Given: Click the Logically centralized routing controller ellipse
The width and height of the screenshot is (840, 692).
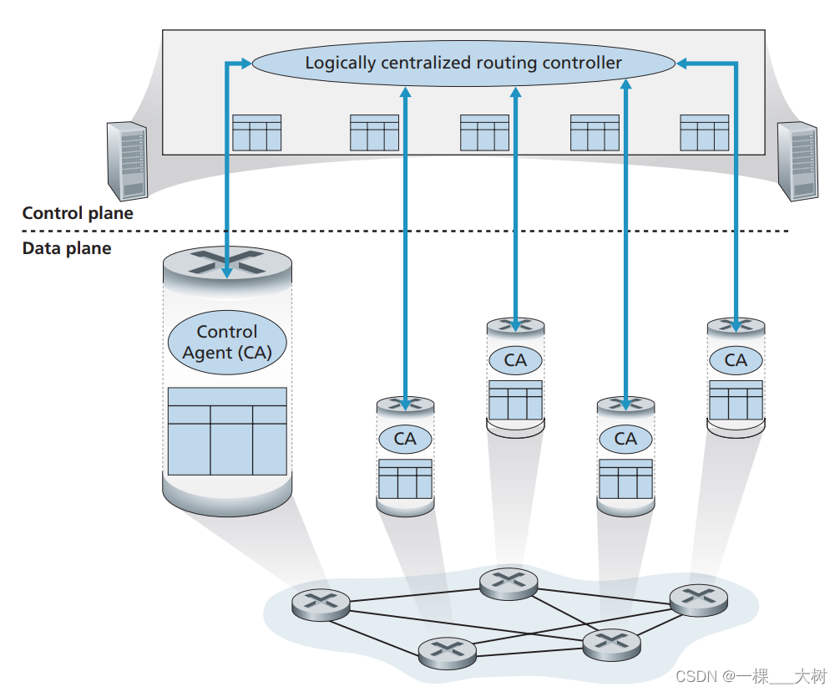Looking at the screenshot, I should point(463,63).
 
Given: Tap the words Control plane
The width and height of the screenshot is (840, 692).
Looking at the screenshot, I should point(78,213).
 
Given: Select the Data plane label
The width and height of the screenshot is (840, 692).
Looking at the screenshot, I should point(67,248).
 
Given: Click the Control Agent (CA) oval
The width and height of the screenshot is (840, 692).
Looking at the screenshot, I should point(227,343).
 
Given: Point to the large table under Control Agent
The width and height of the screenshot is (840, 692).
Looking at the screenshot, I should point(227,431).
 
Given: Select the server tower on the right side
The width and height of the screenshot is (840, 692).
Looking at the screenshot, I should point(797,160).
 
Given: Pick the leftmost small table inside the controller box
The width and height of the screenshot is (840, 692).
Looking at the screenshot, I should point(256,133).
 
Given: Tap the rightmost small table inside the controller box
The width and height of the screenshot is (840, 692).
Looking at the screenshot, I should point(704,133).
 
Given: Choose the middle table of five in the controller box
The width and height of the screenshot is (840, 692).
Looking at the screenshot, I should point(484,133).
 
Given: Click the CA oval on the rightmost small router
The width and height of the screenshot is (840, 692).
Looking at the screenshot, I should point(736,360).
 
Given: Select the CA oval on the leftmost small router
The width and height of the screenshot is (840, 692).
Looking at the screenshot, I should point(405,439).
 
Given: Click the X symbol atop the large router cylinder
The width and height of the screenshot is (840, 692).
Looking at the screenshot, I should point(227,262).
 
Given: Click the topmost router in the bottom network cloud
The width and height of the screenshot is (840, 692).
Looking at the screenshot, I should point(508,582).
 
